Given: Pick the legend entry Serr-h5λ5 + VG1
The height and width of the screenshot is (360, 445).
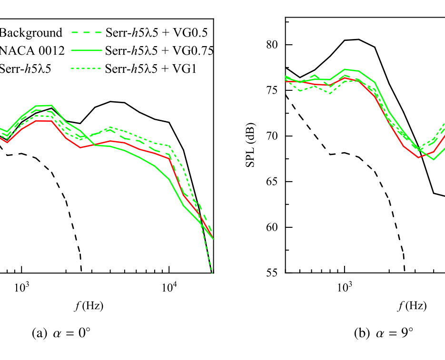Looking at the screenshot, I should pos(152,68).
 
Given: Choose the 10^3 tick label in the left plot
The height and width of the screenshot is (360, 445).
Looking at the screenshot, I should pos(22,286).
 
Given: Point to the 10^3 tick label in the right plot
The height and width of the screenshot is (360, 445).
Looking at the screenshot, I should pos(345,286).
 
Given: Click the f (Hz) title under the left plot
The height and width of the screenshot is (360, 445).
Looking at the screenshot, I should pos(89,306).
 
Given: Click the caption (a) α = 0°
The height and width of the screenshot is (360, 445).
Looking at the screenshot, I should pos(60,333).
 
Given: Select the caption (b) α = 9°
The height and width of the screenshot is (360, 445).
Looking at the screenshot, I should pos(384,333).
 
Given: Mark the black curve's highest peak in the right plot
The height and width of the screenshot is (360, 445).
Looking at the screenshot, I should pos(358,39).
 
